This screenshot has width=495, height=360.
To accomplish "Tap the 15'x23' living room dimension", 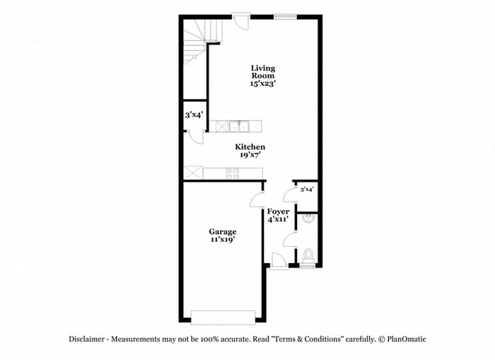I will [x=262, y=83].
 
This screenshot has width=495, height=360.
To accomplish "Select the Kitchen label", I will [x=250, y=146].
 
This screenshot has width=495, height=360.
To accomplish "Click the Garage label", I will [x=222, y=231].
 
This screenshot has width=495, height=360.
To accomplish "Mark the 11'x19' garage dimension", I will [x=222, y=240].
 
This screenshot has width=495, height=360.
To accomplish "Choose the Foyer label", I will [x=278, y=211].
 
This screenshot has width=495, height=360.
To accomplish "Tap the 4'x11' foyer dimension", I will [x=278, y=220].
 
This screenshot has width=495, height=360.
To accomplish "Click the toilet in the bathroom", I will [x=308, y=255].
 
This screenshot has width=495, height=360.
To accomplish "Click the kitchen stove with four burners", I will [x=232, y=173].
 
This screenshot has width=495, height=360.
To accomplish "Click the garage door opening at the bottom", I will [x=223, y=317].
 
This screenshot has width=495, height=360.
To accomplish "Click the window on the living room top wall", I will [x=285, y=16].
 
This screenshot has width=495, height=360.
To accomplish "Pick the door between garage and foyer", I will [x=257, y=200].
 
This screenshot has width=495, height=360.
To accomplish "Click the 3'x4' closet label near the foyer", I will [x=307, y=190].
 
